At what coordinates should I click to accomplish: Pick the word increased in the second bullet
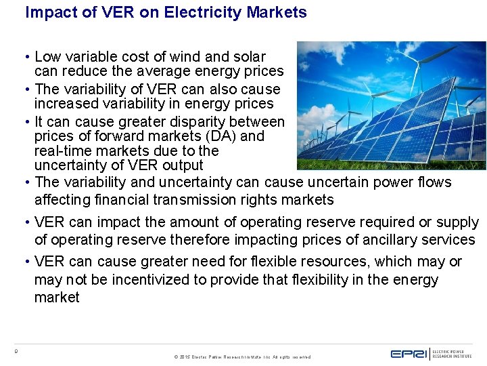coord(65,104)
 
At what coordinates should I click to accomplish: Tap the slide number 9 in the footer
coord(16,350)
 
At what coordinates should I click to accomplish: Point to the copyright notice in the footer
coord(242,357)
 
